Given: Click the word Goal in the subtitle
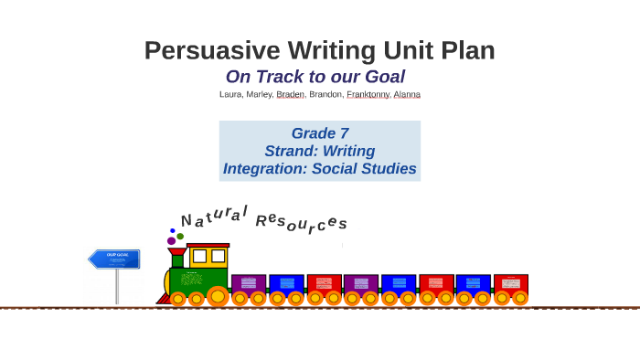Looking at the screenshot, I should pos(384,78).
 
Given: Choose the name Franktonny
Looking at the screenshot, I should pos(368,94).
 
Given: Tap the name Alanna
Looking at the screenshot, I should pos(407,94).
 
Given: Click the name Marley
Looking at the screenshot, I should pos(259,94).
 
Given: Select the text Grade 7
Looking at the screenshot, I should pos(319,133).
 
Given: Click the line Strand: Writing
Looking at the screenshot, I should pos(319,151).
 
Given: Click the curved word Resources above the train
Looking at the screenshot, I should pos(301,222).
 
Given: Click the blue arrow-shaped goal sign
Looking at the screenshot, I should pos(114,259).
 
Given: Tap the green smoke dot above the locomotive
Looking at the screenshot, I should pos(180,236).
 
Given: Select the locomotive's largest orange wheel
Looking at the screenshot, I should pos(217,296).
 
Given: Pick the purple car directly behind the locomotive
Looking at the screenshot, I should pos(249,283).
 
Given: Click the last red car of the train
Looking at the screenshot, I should pos(511,283).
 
